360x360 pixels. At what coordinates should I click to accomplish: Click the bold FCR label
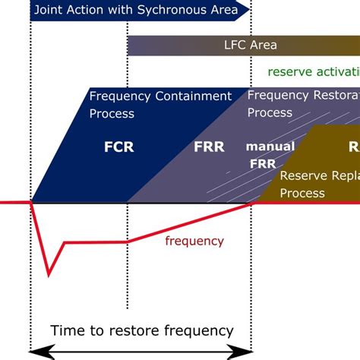pos(118,147)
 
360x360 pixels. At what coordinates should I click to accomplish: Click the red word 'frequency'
pos(194,241)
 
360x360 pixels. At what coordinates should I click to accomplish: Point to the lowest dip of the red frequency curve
pos(49,273)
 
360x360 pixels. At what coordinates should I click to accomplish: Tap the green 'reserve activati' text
pos(313,71)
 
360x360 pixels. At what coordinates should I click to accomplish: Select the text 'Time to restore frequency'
pos(141,330)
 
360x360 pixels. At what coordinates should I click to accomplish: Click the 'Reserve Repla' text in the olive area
pos(319,175)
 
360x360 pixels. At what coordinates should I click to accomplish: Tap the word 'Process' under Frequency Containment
pos(112,113)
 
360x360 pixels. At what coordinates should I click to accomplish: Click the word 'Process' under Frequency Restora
pos(270,112)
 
